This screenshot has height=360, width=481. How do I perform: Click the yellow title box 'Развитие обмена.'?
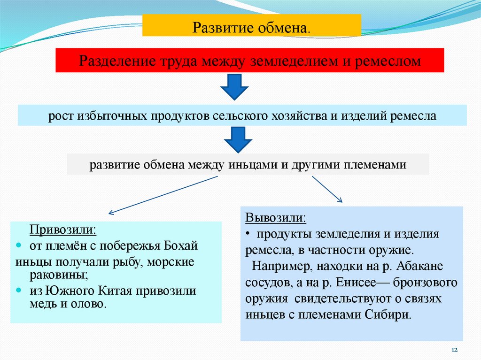[x=251, y=25]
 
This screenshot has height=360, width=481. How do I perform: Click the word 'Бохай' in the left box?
[x=182, y=245]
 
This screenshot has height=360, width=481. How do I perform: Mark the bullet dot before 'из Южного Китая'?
[x=19, y=290]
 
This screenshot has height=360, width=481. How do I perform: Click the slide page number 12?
[x=454, y=350]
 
